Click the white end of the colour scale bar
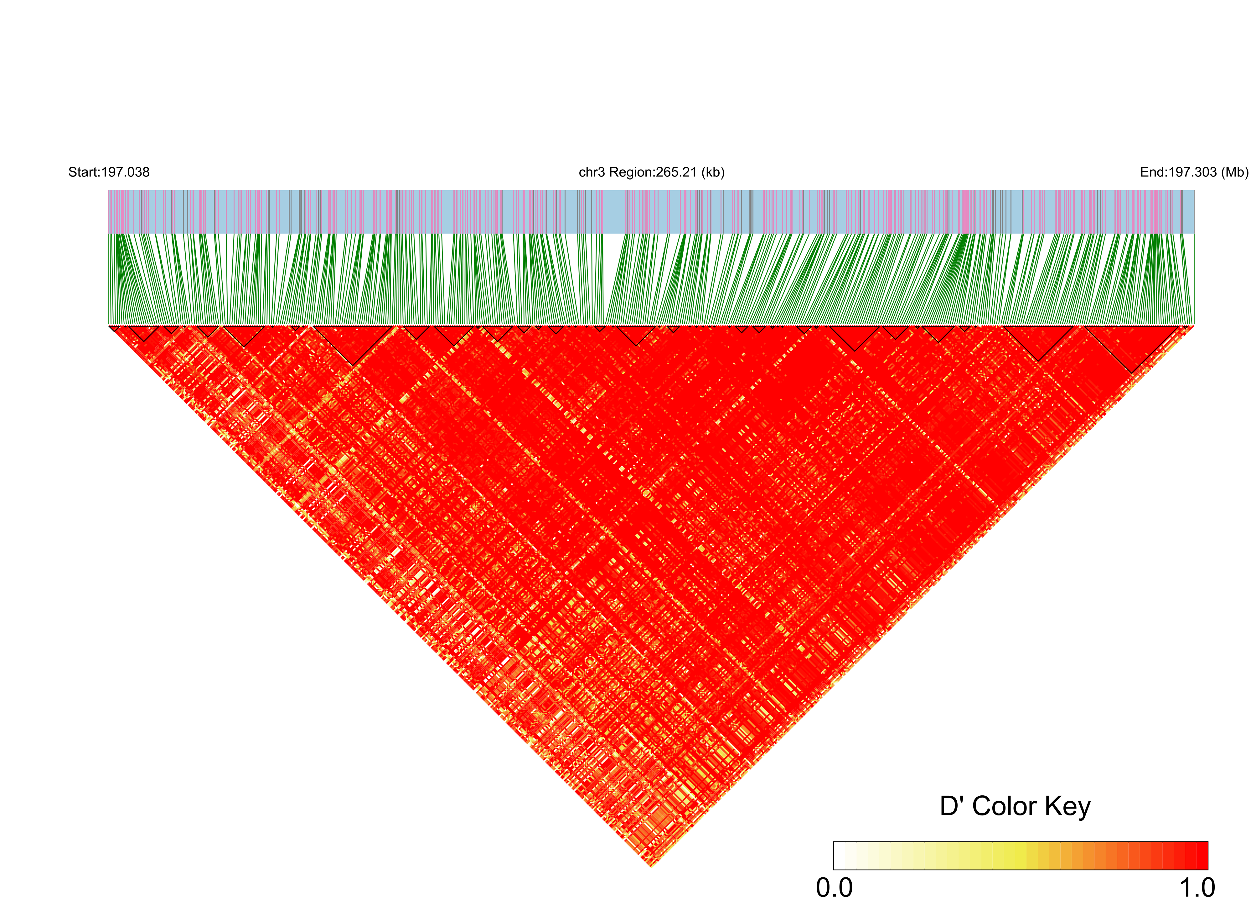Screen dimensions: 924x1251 click(840, 856)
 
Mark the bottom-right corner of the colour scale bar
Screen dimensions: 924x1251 click(1207, 869)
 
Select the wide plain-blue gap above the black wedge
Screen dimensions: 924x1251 click(615, 212)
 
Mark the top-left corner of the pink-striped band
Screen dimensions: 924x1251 click(109, 191)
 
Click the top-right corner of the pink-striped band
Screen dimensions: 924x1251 click(1193, 191)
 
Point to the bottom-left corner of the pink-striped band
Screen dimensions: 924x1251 click(109, 233)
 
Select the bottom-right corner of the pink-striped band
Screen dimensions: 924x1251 click(1193, 233)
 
